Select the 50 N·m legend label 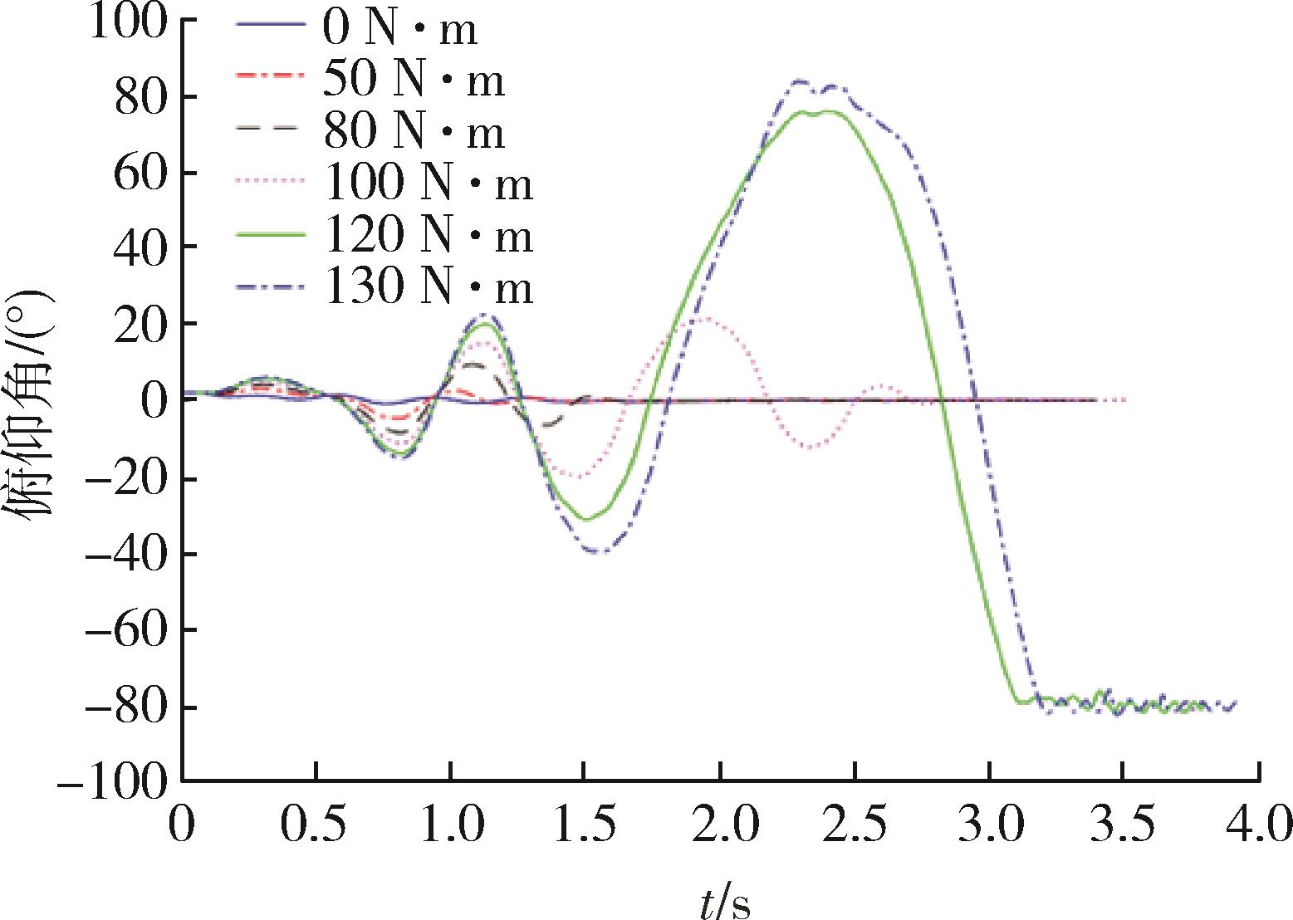pos(414,79)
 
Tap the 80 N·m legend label pos(414,131)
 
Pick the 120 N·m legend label pos(428,235)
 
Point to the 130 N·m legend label pos(428,286)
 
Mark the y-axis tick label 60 pos(141,174)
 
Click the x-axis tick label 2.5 pos(855,825)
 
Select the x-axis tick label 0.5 pos(316,825)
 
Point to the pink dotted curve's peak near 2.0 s pos(705,318)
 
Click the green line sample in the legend pos(270,234)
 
